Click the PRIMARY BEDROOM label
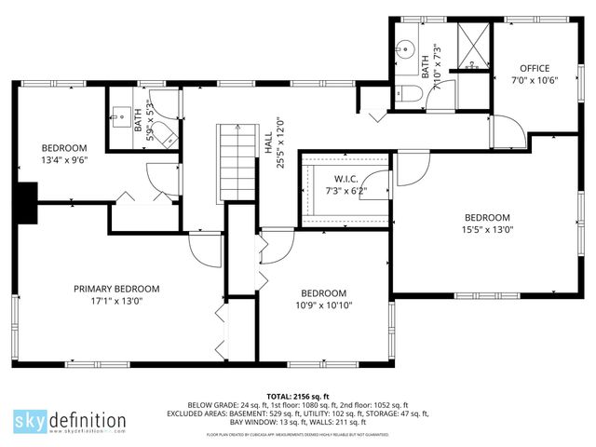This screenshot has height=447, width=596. [116, 289]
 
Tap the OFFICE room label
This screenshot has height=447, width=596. [535, 68]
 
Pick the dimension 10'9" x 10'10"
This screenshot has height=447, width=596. [323, 305]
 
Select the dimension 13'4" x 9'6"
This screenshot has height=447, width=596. [63, 159]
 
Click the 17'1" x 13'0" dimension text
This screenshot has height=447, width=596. [116, 301]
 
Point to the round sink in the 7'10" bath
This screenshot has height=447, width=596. [406, 49]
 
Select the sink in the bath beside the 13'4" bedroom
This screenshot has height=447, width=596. [122, 115]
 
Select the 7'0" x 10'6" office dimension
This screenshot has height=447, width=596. [535, 80]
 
